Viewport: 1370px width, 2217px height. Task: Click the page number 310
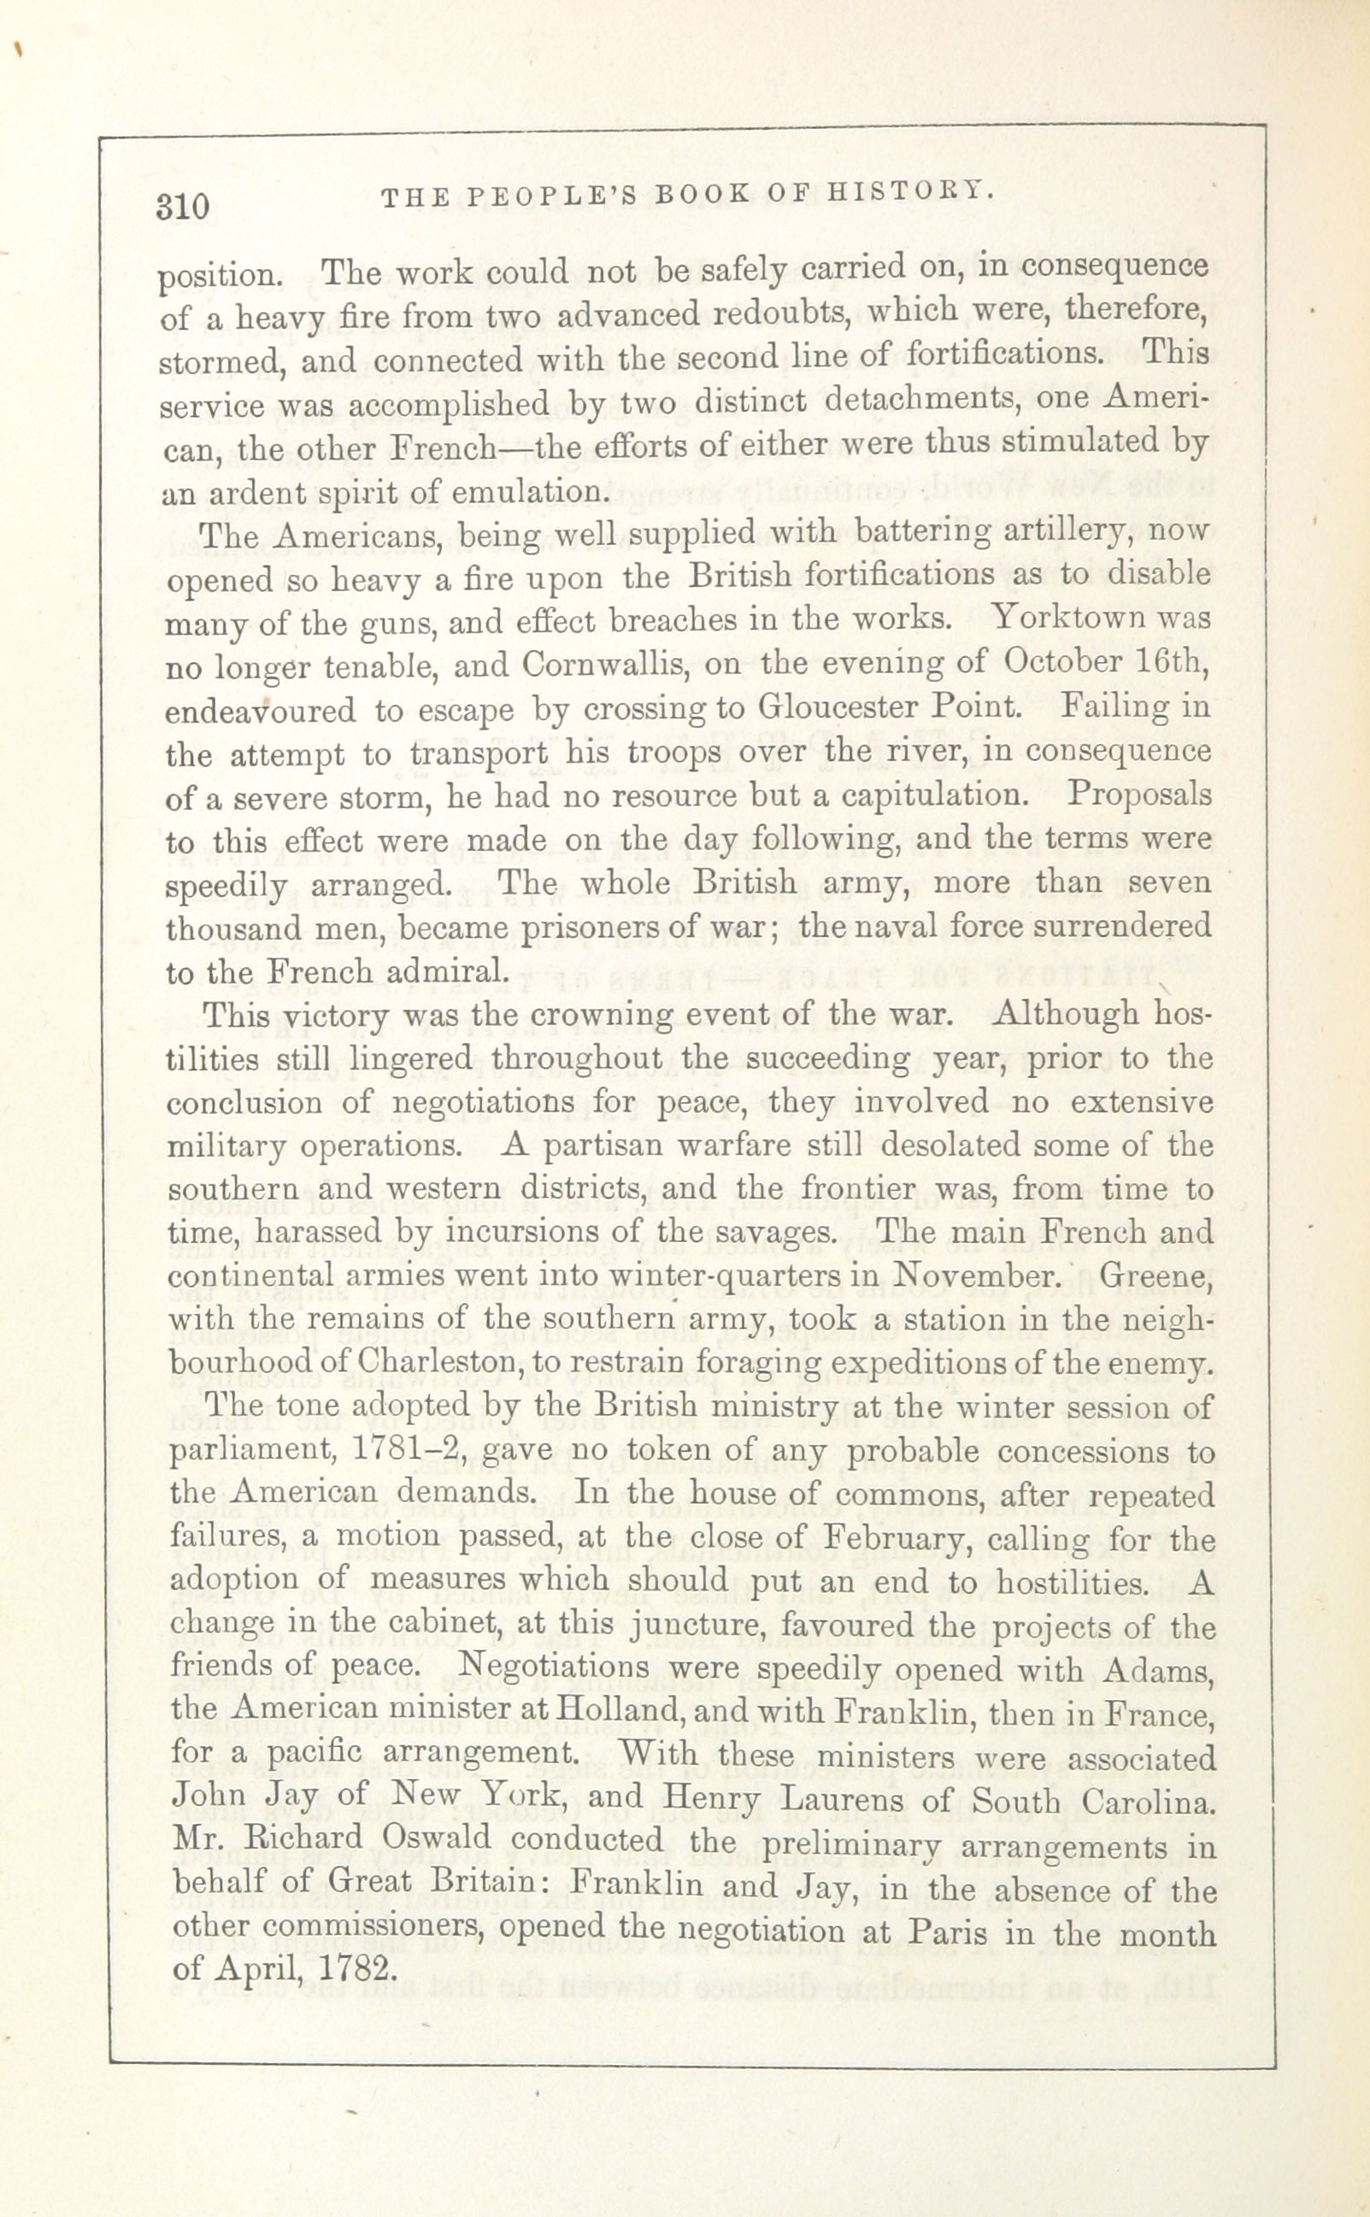[183, 207]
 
